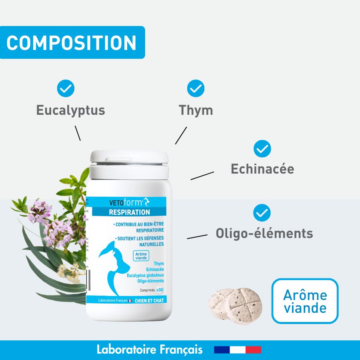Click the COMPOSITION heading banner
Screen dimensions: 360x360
click(72, 43)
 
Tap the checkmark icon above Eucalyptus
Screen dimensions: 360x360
click(66, 89)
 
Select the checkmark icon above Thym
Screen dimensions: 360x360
click(196, 89)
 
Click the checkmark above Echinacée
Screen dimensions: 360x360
click(262, 149)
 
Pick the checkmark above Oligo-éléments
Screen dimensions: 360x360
click(262, 212)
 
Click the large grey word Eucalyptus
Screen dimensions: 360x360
click(71, 110)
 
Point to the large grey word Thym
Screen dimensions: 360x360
click(196, 110)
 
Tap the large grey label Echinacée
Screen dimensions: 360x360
click(262, 169)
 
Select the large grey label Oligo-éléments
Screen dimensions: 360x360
click(264, 233)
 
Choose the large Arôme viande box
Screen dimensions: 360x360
click(305, 301)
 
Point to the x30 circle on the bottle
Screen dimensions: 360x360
click(160, 290)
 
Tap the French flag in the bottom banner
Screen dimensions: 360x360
click(238, 350)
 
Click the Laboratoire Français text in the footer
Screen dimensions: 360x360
click(150, 350)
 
